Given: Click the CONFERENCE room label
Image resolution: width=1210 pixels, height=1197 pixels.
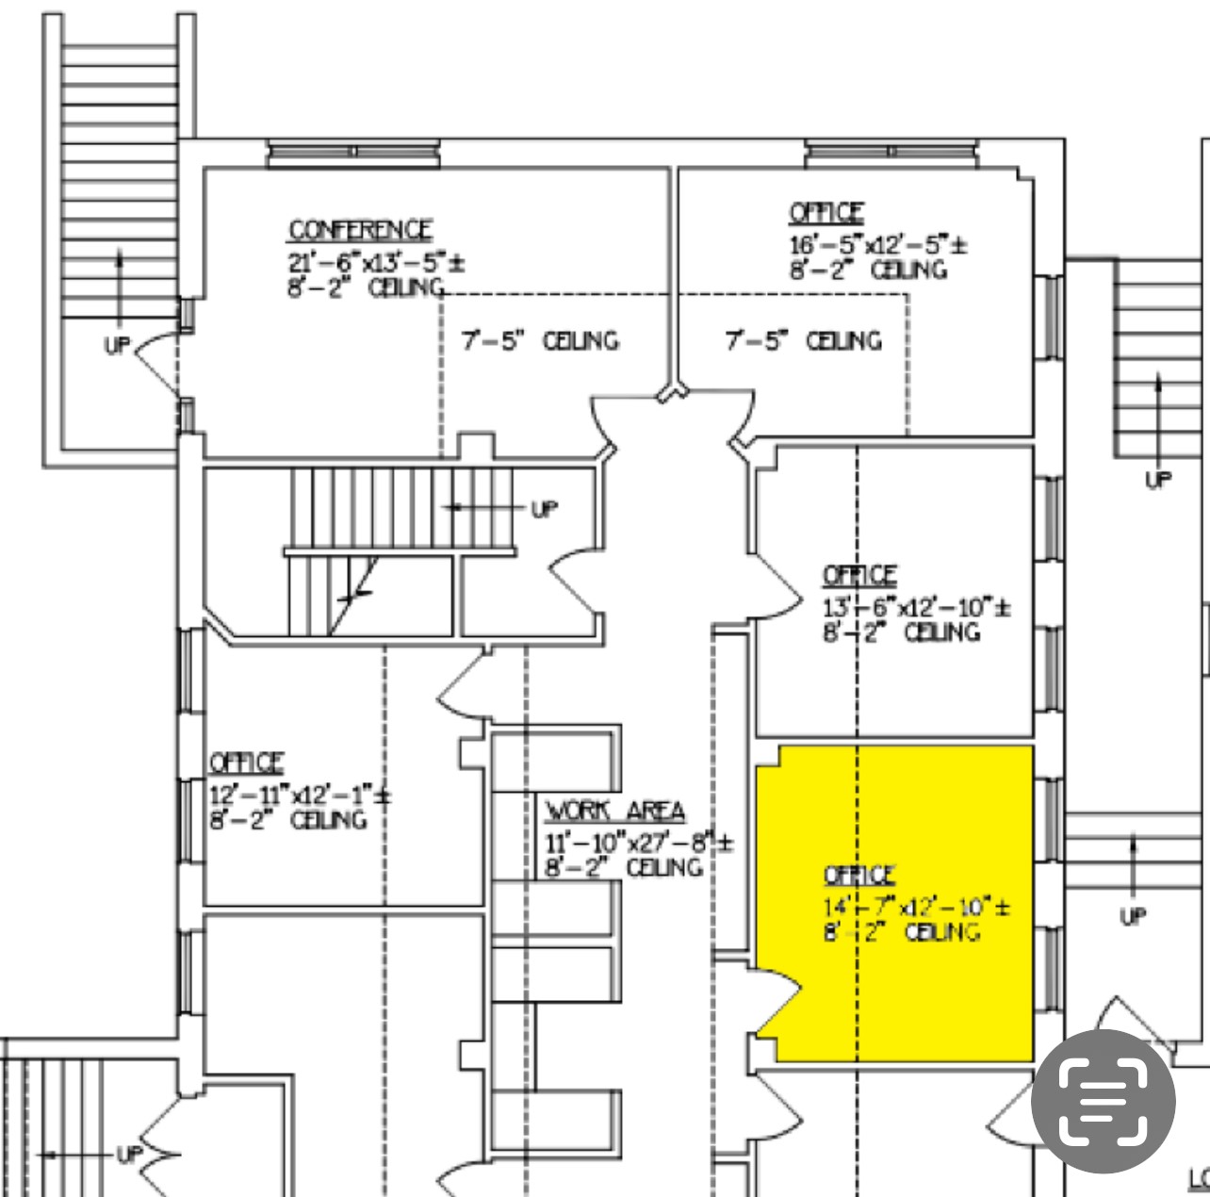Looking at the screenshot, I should point(360,231).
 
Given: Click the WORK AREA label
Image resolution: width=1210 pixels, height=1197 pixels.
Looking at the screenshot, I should point(615,812).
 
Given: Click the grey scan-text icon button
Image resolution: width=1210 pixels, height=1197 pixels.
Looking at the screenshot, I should point(1104,1101).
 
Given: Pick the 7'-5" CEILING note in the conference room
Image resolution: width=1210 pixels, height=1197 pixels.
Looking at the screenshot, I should point(540,340).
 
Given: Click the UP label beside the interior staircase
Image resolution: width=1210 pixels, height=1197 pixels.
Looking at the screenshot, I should point(544,509).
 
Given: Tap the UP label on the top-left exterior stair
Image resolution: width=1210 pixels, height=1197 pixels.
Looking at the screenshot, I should point(117,345).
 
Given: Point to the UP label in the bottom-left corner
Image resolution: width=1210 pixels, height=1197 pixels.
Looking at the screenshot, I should point(129,1154).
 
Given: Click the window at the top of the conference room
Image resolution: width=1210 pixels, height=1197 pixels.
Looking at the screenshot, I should point(353,152).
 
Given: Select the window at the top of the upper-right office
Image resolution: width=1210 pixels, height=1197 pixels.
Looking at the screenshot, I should point(891,152).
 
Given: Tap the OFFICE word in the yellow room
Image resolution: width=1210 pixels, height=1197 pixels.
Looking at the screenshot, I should point(859,877).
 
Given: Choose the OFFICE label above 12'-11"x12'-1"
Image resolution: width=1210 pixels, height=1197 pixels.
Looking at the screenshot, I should point(246,762).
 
